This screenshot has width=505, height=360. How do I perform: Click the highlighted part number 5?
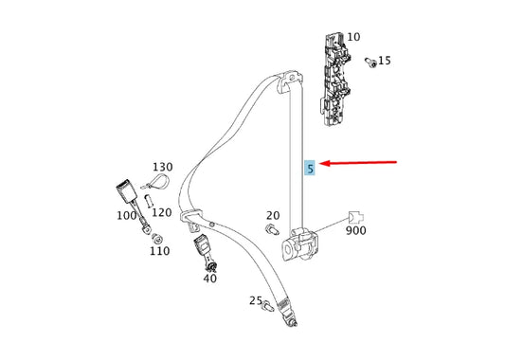tap(310, 168)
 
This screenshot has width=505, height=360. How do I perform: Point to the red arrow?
tap(358, 163)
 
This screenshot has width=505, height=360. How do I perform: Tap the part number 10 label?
tap(353, 37)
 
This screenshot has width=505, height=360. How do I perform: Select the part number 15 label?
tap(385, 61)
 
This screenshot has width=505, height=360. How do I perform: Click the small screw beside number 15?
tap(370, 63)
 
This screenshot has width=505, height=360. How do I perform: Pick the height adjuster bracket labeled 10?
tap(335, 80)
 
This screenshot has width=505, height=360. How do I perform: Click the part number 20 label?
tap(273, 215)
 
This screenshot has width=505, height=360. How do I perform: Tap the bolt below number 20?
tap(272, 229)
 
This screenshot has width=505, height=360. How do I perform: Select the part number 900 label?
tap(356, 230)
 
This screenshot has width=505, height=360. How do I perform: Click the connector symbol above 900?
tap(355, 217)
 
